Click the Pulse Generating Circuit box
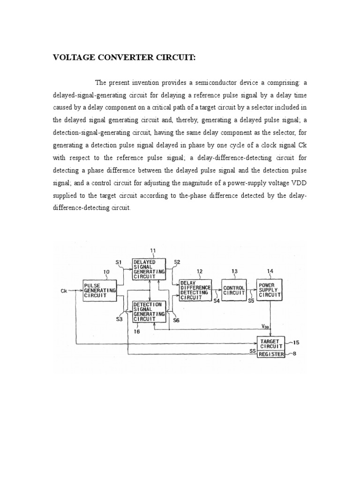click(x=99, y=290)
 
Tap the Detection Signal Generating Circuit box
click(x=149, y=312)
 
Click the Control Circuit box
click(x=234, y=290)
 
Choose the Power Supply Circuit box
click(x=270, y=290)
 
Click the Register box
click(x=271, y=354)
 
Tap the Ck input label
click(x=64, y=291)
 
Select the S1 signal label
click(x=119, y=262)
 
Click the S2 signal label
click(x=177, y=262)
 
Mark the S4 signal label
click(x=216, y=301)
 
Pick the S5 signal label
click(x=252, y=301)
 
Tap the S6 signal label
click(x=176, y=320)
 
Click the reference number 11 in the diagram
click(x=152, y=251)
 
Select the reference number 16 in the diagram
click(x=137, y=331)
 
